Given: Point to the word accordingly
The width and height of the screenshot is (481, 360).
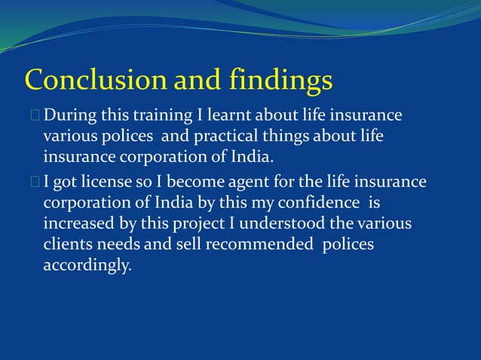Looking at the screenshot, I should (x=87, y=267).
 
